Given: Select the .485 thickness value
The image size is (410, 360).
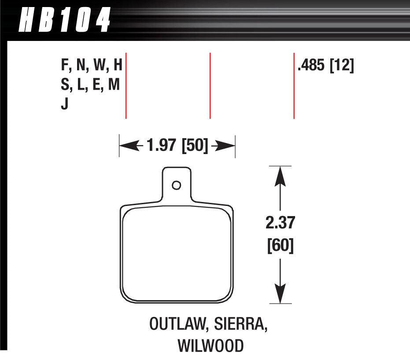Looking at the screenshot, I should coord(311,66).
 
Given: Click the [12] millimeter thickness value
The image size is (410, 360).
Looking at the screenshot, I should coord(342,66).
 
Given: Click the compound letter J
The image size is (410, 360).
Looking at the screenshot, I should coord(65,106).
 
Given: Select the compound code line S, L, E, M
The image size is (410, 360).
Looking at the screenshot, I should coord(90,86).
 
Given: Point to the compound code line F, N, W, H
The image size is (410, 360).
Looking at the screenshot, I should coord(91,66).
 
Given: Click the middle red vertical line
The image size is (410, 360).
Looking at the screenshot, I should coord(210,86).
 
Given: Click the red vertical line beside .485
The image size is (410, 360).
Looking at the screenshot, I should coord(294,86).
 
